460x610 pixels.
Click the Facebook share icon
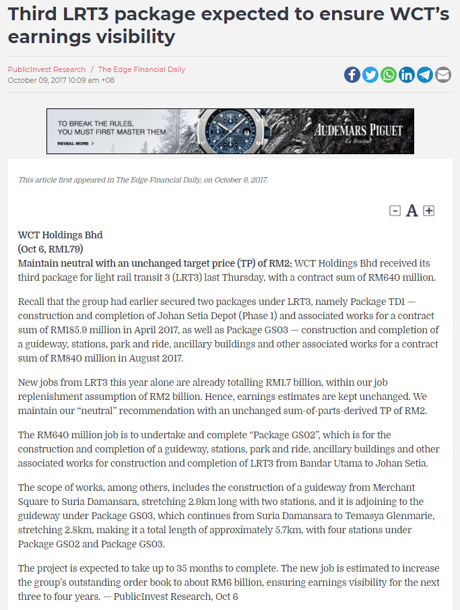coord(352,75)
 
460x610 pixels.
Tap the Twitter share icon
coord(370,75)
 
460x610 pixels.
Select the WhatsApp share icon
coord(388,75)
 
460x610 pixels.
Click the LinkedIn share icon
coord(406,75)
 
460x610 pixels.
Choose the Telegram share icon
coord(424,75)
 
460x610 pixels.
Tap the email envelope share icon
coord(442,75)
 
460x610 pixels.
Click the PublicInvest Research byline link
coord(46,69)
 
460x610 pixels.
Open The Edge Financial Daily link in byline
coord(141,69)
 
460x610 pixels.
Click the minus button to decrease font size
coord(395,211)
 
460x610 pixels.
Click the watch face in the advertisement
coord(229,131)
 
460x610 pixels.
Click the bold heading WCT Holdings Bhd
coord(60,235)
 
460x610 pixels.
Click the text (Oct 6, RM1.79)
coord(51,249)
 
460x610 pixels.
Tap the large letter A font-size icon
coord(412,211)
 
